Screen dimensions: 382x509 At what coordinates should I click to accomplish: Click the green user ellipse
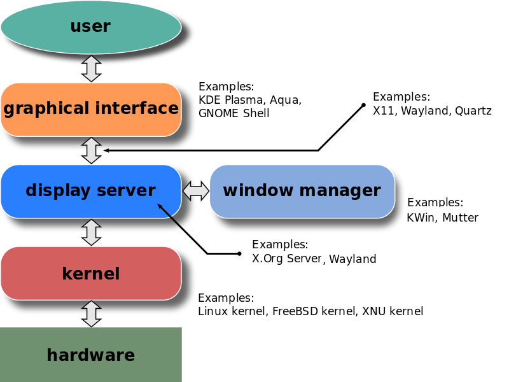91,27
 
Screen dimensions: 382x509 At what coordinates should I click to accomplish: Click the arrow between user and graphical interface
92,68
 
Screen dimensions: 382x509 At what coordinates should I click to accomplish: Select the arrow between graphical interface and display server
92,150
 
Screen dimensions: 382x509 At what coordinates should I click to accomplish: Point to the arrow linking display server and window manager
195,191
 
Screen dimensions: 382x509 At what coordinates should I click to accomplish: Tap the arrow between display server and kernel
92,232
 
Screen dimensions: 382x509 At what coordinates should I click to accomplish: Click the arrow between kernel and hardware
92,314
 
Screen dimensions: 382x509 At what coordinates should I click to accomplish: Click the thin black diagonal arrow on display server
171,216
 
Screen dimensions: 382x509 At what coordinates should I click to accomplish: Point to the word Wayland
352,259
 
